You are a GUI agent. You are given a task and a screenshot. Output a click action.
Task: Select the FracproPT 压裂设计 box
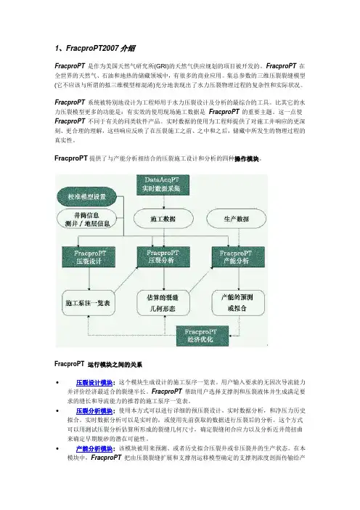coord(82,258)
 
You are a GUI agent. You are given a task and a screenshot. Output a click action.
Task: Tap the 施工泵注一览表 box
coord(82,301)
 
